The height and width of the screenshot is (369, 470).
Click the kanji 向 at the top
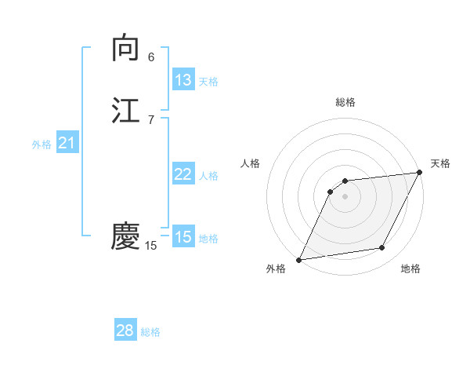[x=125, y=49]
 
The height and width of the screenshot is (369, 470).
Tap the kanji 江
[x=125, y=111]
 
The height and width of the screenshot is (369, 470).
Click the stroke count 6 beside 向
[x=151, y=57]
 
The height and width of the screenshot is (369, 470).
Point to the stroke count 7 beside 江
[x=151, y=119]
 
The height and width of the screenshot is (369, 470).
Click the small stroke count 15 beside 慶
[x=151, y=246]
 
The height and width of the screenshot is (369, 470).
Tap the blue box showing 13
[x=183, y=80]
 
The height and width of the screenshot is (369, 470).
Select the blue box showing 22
[x=183, y=174]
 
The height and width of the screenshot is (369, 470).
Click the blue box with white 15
[x=183, y=237]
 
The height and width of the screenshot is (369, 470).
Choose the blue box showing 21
[x=67, y=143]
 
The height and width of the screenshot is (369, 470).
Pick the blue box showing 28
[x=125, y=331]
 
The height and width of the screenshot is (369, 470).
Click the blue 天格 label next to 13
[x=208, y=82]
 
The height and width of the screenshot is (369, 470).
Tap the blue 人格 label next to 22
[x=208, y=176]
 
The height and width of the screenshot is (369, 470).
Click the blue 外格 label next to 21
[x=42, y=144]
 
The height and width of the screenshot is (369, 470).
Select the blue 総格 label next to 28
[x=150, y=332]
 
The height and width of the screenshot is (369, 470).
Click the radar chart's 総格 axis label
[x=345, y=102]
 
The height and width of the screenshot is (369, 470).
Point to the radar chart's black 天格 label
[x=440, y=163]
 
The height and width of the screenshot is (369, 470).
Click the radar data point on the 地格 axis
[x=382, y=248]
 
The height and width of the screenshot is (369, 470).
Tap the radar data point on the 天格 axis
[x=420, y=172]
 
